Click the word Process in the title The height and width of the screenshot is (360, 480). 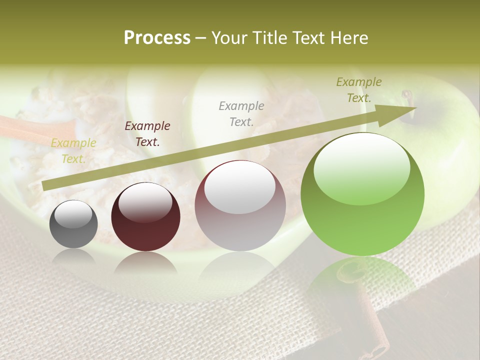(157, 38)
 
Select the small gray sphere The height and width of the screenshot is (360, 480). (73, 224)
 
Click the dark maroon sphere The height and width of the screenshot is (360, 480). (145, 217)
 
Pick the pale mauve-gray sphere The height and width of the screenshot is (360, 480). (240, 206)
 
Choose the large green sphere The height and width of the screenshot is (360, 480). (362, 195)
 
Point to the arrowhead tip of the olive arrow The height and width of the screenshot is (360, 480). (416, 107)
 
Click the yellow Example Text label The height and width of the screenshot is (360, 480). (73, 151)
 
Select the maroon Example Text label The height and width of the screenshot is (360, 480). (147, 134)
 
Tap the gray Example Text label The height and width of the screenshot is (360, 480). (241, 113)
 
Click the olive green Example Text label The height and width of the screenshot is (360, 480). (359, 90)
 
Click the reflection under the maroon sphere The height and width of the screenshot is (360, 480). (145, 262)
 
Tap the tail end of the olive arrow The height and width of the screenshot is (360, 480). (44, 186)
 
